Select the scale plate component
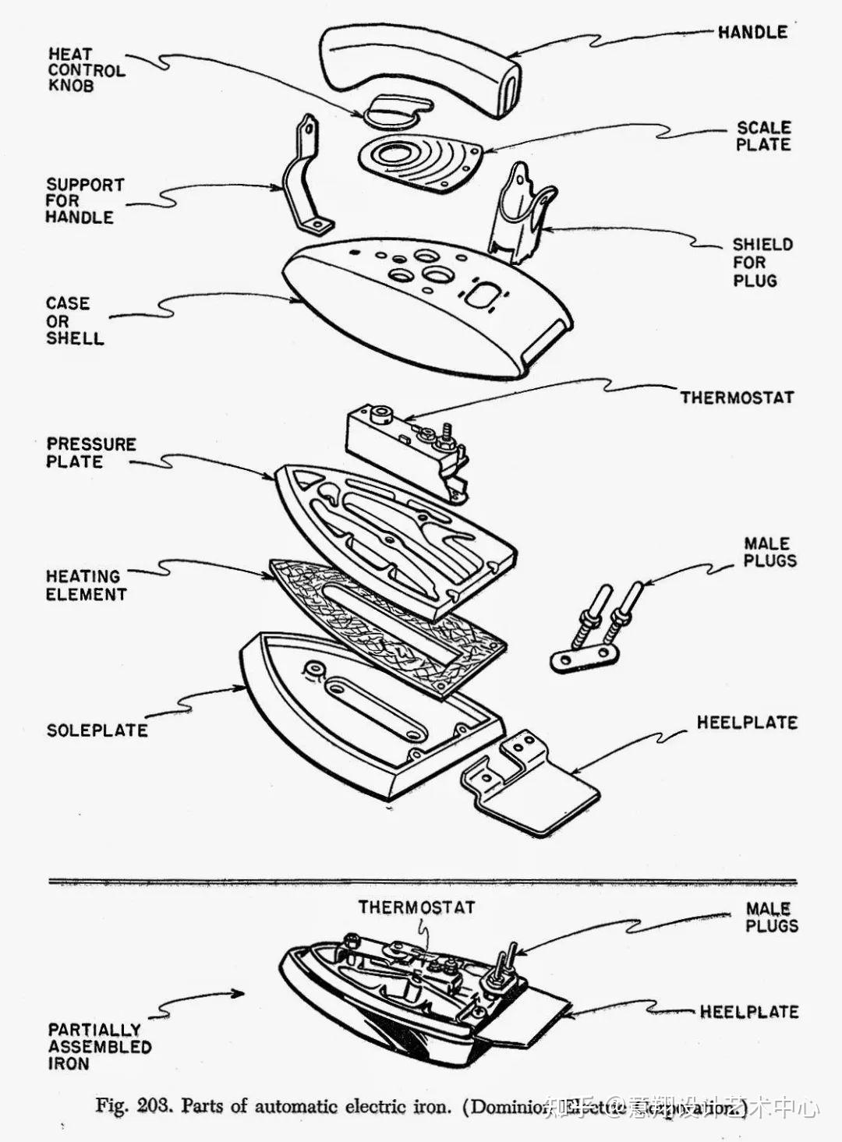421,160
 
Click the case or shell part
425,308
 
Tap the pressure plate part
398,538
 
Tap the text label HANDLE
752,32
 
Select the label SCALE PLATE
763,136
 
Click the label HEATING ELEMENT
85,585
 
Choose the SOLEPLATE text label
97,730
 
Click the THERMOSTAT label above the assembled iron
416,907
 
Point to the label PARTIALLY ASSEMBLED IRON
99,1047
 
